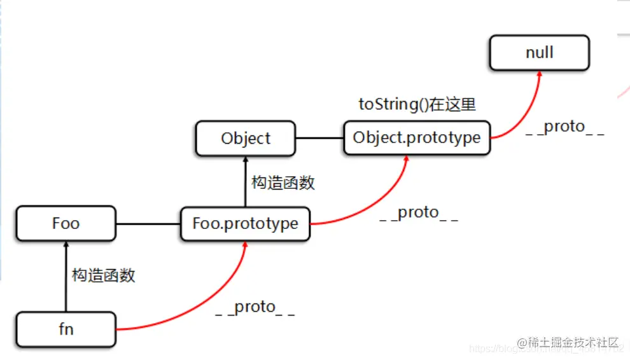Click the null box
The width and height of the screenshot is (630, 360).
point(540,52)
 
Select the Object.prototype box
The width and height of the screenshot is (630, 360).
point(417,138)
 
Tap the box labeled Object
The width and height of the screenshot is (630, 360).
point(246,138)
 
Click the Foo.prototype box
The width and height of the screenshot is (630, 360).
point(245,224)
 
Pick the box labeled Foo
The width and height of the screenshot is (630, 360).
point(66,223)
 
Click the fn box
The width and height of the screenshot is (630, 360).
point(66,329)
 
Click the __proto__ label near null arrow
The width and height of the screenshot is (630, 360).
point(564,127)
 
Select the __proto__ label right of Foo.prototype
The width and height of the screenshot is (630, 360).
point(418,212)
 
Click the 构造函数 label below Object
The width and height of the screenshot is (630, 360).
point(283,183)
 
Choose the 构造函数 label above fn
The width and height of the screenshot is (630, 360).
point(104,275)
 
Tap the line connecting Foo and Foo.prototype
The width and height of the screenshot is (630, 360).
point(148,224)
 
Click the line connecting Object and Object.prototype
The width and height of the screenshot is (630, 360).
point(319,138)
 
